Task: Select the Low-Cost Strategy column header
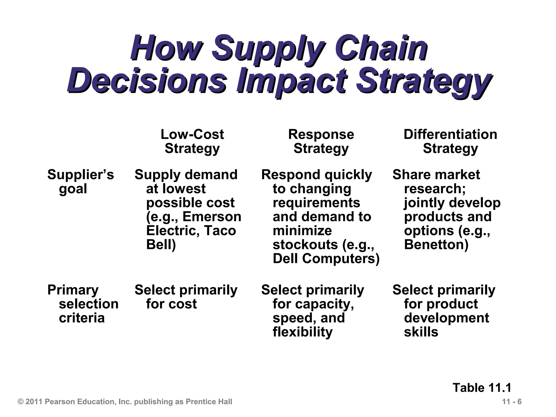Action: (x=192, y=141)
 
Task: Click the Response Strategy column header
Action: (x=321, y=141)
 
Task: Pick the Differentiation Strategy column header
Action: (x=450, y=141)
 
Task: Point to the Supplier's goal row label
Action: (x=80, y=181)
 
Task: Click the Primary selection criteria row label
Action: (x=83, y=304)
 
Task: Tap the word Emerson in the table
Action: (x=212, y=217)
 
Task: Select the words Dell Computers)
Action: (x=326, y=259)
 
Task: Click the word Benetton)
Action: (x=436, y=245)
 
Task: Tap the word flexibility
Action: (x=302, y=332)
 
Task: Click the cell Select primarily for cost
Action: (x=186, y=297)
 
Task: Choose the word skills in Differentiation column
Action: (x=421, y=332)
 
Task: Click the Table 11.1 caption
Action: (x=482, y=387)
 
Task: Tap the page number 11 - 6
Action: (x=512, y=402)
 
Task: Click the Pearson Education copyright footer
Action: (x=125, y=402)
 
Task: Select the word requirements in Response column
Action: (x=316, y=203)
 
